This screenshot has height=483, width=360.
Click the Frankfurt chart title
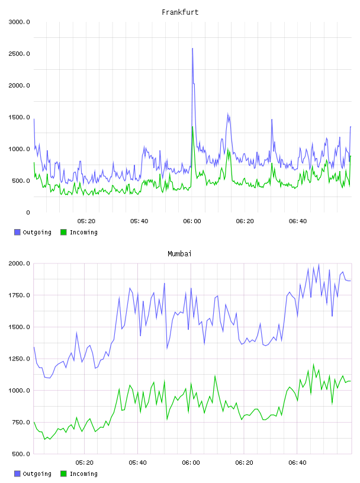[180, 12]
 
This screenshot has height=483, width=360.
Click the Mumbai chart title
[179, 254]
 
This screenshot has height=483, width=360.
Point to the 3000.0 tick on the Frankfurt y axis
[19, 22]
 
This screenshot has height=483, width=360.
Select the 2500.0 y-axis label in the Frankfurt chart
[19, 54]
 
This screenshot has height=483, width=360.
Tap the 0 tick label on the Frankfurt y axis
[28, 212]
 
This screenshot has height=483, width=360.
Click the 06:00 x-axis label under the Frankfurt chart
[192, 221]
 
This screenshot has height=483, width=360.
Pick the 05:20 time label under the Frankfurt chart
[86, 221]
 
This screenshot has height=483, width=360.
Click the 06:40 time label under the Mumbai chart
[297, 463]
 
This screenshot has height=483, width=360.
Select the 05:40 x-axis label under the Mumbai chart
[137, 463]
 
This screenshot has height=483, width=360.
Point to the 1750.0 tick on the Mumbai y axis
[19, 295]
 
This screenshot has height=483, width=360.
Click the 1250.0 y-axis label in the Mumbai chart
[19, 359]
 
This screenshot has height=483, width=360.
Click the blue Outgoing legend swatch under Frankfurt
[17, 232]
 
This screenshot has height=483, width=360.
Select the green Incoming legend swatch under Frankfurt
[63, 232]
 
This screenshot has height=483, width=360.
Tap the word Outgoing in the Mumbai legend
[37, 474]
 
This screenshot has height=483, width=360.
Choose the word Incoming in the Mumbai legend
[83, 474]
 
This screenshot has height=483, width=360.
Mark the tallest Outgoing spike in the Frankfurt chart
[192, 49]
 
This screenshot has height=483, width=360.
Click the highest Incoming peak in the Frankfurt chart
[192, 127]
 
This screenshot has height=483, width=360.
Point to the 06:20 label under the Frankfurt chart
[245, 221]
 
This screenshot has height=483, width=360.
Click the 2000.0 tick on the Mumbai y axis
[19, 263]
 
